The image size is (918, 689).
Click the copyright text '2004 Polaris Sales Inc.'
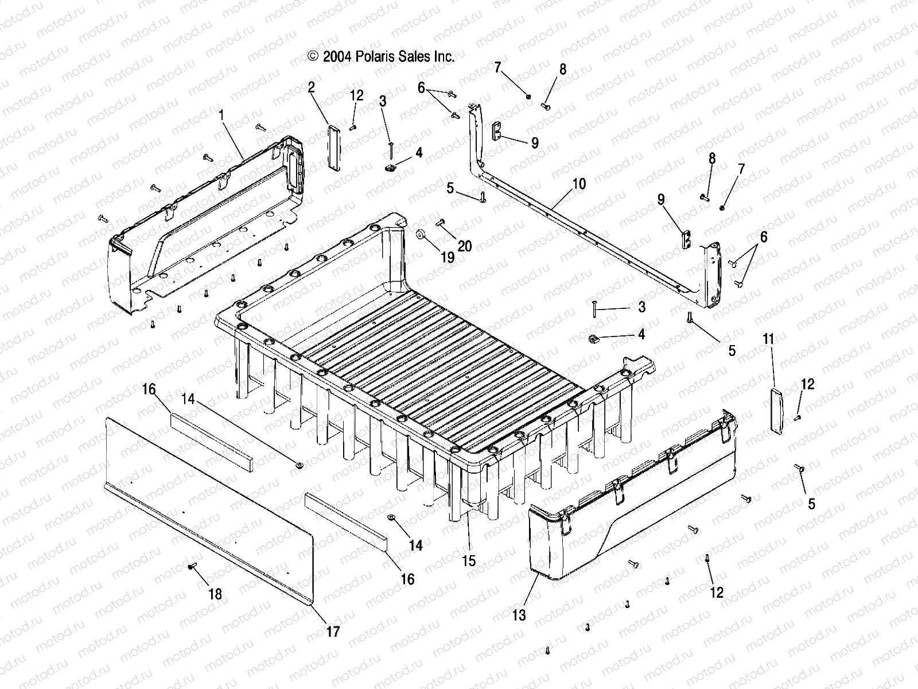382,56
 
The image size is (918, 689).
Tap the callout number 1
221,115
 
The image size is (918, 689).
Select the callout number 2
311,87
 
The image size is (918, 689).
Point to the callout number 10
579,184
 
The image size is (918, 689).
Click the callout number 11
768,339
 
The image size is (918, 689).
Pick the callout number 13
519,616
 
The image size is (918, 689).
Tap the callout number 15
469,560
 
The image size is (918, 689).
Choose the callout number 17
333,632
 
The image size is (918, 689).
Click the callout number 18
215,594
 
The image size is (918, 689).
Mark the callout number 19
448,257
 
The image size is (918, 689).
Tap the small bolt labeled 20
442,222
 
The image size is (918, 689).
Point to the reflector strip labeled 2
333,145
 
